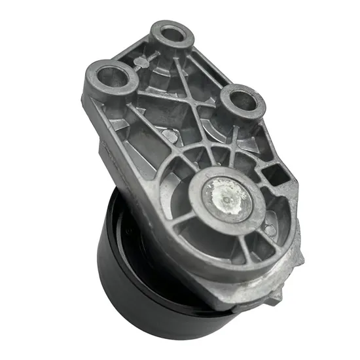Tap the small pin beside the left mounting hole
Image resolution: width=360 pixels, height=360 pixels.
[x=140, y=63]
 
